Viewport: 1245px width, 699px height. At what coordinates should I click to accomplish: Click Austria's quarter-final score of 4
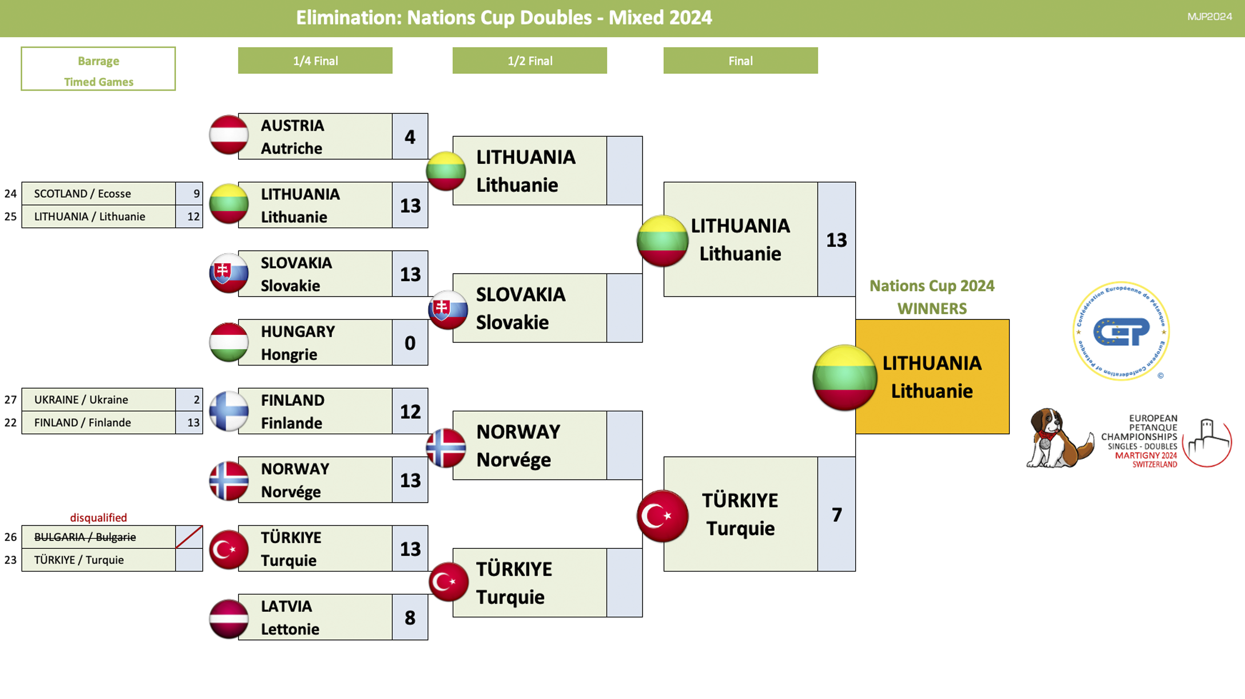(410, 137)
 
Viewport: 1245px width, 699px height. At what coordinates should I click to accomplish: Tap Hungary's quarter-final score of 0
(410, 343)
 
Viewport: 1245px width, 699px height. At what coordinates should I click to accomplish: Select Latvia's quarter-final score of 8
(410, 617)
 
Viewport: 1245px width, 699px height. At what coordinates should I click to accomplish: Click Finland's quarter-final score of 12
(410, 411)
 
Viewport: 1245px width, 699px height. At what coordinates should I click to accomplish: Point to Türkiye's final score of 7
(837, 514)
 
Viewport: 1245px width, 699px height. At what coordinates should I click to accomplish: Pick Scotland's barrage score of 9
(196, 193)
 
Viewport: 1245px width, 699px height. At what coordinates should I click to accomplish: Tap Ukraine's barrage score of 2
(196, 399)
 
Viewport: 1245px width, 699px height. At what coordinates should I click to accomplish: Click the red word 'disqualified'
(99, 517)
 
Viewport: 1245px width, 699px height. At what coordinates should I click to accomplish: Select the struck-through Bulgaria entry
(85, 537)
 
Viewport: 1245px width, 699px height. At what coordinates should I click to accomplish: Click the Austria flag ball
(229, 135)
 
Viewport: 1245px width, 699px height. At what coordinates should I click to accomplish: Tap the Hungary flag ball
(229, 342)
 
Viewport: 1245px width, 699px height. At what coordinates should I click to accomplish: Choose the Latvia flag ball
(229, 619)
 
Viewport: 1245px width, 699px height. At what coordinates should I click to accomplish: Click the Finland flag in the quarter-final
(229, 411)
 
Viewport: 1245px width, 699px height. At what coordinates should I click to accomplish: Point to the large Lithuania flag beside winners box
(844, 377)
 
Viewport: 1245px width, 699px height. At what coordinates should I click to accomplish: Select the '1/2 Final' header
(530, 61)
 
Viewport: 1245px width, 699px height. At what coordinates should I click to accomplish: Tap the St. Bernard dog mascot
(1060, 438)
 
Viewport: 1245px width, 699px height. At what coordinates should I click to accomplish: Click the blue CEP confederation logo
(1121, 331)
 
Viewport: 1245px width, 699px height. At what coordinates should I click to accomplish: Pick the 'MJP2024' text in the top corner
(1210, 16)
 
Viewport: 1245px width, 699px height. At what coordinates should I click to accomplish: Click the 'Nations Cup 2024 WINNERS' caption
(932, 297)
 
